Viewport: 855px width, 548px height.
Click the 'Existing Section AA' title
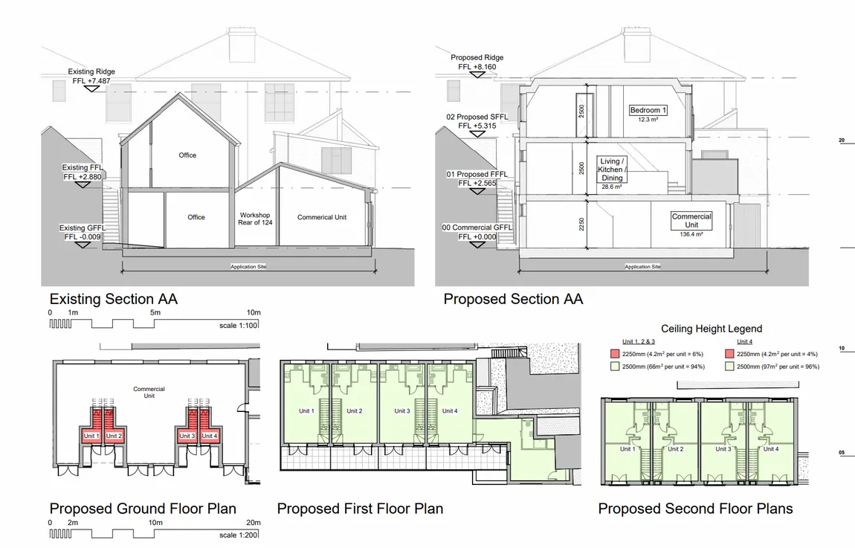(114, 299)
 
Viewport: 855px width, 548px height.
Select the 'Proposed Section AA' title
(513, 299)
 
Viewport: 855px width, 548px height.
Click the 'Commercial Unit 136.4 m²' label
(691, 224)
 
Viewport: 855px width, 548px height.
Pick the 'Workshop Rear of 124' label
(255, 219)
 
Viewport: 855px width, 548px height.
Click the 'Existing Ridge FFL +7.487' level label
(91, 76)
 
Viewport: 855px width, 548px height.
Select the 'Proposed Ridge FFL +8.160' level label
(477, 62)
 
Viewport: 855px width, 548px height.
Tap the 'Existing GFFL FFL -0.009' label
(83, 232)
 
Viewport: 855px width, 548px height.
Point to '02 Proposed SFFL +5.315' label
(477, 121)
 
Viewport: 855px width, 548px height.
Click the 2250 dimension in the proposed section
(582, 225)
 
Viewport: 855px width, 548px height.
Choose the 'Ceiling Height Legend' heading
(712, 329)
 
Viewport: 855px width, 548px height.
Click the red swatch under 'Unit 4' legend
(729, 354)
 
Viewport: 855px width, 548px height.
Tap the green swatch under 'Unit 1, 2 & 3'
(615, 367)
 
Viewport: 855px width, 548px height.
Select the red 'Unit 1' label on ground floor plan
(91, 436)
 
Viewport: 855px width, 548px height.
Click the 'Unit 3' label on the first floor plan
(402, 410)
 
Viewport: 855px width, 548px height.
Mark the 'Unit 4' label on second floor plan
(770, 449)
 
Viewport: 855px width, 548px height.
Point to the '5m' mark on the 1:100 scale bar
(155, 312)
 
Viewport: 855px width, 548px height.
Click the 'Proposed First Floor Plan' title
(360, 509)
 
